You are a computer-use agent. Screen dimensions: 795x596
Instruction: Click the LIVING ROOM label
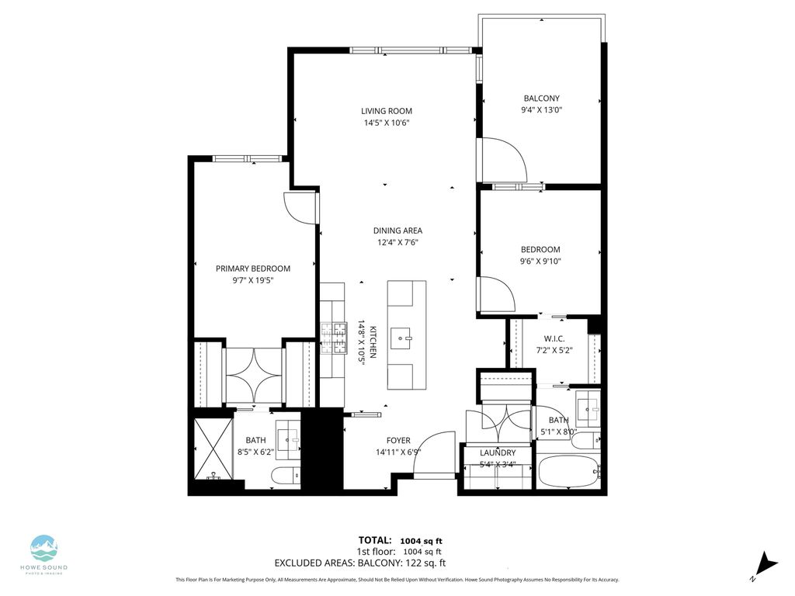[387, 111]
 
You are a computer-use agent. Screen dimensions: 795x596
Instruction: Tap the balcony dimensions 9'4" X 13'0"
[541, 109]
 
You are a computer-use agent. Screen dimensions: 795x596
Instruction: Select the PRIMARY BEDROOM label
[253, 269]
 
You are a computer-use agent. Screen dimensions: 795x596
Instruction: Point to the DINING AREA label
[397, 230]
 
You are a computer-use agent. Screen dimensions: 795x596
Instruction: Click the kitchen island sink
[401, 337]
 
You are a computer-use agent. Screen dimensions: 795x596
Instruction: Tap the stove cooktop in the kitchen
[334, 338]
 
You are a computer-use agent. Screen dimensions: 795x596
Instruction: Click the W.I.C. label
[554, 338]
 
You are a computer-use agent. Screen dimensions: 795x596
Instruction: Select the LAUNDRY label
[498, 452]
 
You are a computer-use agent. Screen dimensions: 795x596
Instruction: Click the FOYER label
[398, 441]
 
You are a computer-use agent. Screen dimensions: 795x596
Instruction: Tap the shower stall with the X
[214, 448]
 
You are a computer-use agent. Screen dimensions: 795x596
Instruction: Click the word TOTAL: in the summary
[375, 540]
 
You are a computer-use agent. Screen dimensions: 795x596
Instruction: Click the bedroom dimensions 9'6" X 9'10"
[540, 262]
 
